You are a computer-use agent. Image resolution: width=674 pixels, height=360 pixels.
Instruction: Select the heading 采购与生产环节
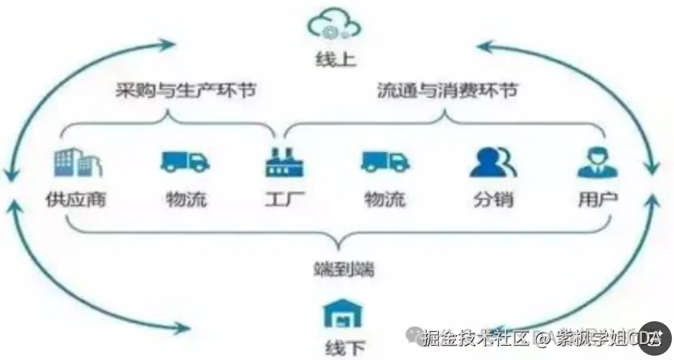[x=186, y=93]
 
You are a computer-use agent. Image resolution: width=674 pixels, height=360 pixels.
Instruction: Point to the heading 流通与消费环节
[x=447, y=93]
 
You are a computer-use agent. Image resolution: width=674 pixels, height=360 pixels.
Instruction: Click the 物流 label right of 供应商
[x=186, y=199]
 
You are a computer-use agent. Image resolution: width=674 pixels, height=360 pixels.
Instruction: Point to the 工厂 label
[x=285, y=199]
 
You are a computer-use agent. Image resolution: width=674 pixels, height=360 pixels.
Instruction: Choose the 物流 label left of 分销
[x=385, y=199]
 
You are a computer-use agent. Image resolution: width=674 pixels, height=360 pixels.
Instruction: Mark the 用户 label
[x=597, y=199]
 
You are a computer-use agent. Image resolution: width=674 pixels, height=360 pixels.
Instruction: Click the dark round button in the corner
[x=655, y=338]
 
